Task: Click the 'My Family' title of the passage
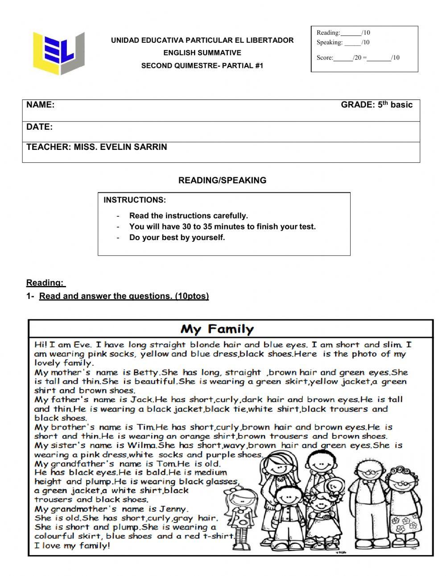point(217,330)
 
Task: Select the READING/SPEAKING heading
point(222,180)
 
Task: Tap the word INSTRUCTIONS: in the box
point(135,200)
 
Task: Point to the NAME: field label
point(41,105)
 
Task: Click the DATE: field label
point(39,127)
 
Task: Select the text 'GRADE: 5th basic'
point(376,105)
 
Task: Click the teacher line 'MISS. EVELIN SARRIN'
point(97,147)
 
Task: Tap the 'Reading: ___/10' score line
point(343,33)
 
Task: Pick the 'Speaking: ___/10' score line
point(343,42)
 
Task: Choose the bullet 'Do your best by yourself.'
point(177,237)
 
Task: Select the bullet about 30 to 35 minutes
point(222,227)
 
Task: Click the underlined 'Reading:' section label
point(45,282)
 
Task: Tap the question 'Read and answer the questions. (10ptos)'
point(124,296)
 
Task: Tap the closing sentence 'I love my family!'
point(72,545)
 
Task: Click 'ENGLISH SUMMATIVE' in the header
point(202,53)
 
